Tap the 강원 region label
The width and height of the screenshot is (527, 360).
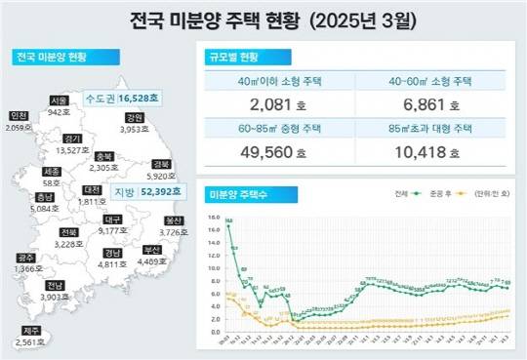click(x=134, y=117)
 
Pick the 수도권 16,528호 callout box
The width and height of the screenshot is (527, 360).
click(x=123, y=99)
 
